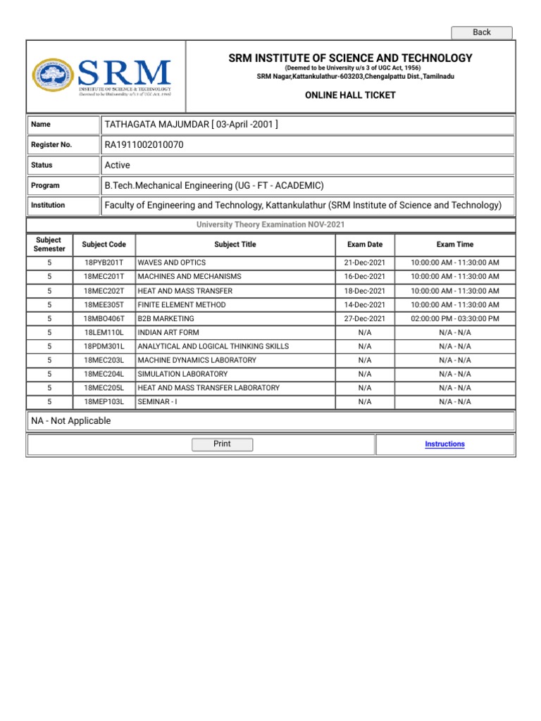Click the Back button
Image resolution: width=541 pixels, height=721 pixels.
[x=482, y=32]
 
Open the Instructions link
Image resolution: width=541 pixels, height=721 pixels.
[x=444, y=444]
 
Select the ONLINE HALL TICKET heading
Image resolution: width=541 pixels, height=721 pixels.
[x=350, y=95]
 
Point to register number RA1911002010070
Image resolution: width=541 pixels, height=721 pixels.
[x=144, y=145]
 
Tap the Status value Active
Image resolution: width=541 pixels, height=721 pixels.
[x=117, y=165]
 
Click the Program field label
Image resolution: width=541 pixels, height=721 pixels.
[x=45, y=186]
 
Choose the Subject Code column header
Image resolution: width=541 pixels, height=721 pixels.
[x=104, y=244]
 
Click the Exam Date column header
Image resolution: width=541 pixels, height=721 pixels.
[x=365, y=244]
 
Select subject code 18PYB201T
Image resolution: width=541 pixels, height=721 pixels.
[x=104, y=263]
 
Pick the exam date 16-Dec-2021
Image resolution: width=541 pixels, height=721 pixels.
[x=365, y=277]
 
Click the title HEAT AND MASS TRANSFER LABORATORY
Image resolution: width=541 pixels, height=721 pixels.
[x=209, y=388]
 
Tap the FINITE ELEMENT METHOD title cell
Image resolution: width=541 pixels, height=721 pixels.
[x=182, y=305]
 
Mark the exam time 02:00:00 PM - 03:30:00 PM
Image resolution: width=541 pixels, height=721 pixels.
[x=455, y=319]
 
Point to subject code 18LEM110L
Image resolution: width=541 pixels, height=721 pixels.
[x=104, y=332]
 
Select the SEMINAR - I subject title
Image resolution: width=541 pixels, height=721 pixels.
[x=158, y=402]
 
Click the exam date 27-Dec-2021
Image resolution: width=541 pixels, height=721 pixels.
[x=365, y=319]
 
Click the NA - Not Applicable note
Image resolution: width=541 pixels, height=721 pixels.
[x=71, y=421]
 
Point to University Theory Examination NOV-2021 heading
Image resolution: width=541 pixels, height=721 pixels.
[x=271, y=225]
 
